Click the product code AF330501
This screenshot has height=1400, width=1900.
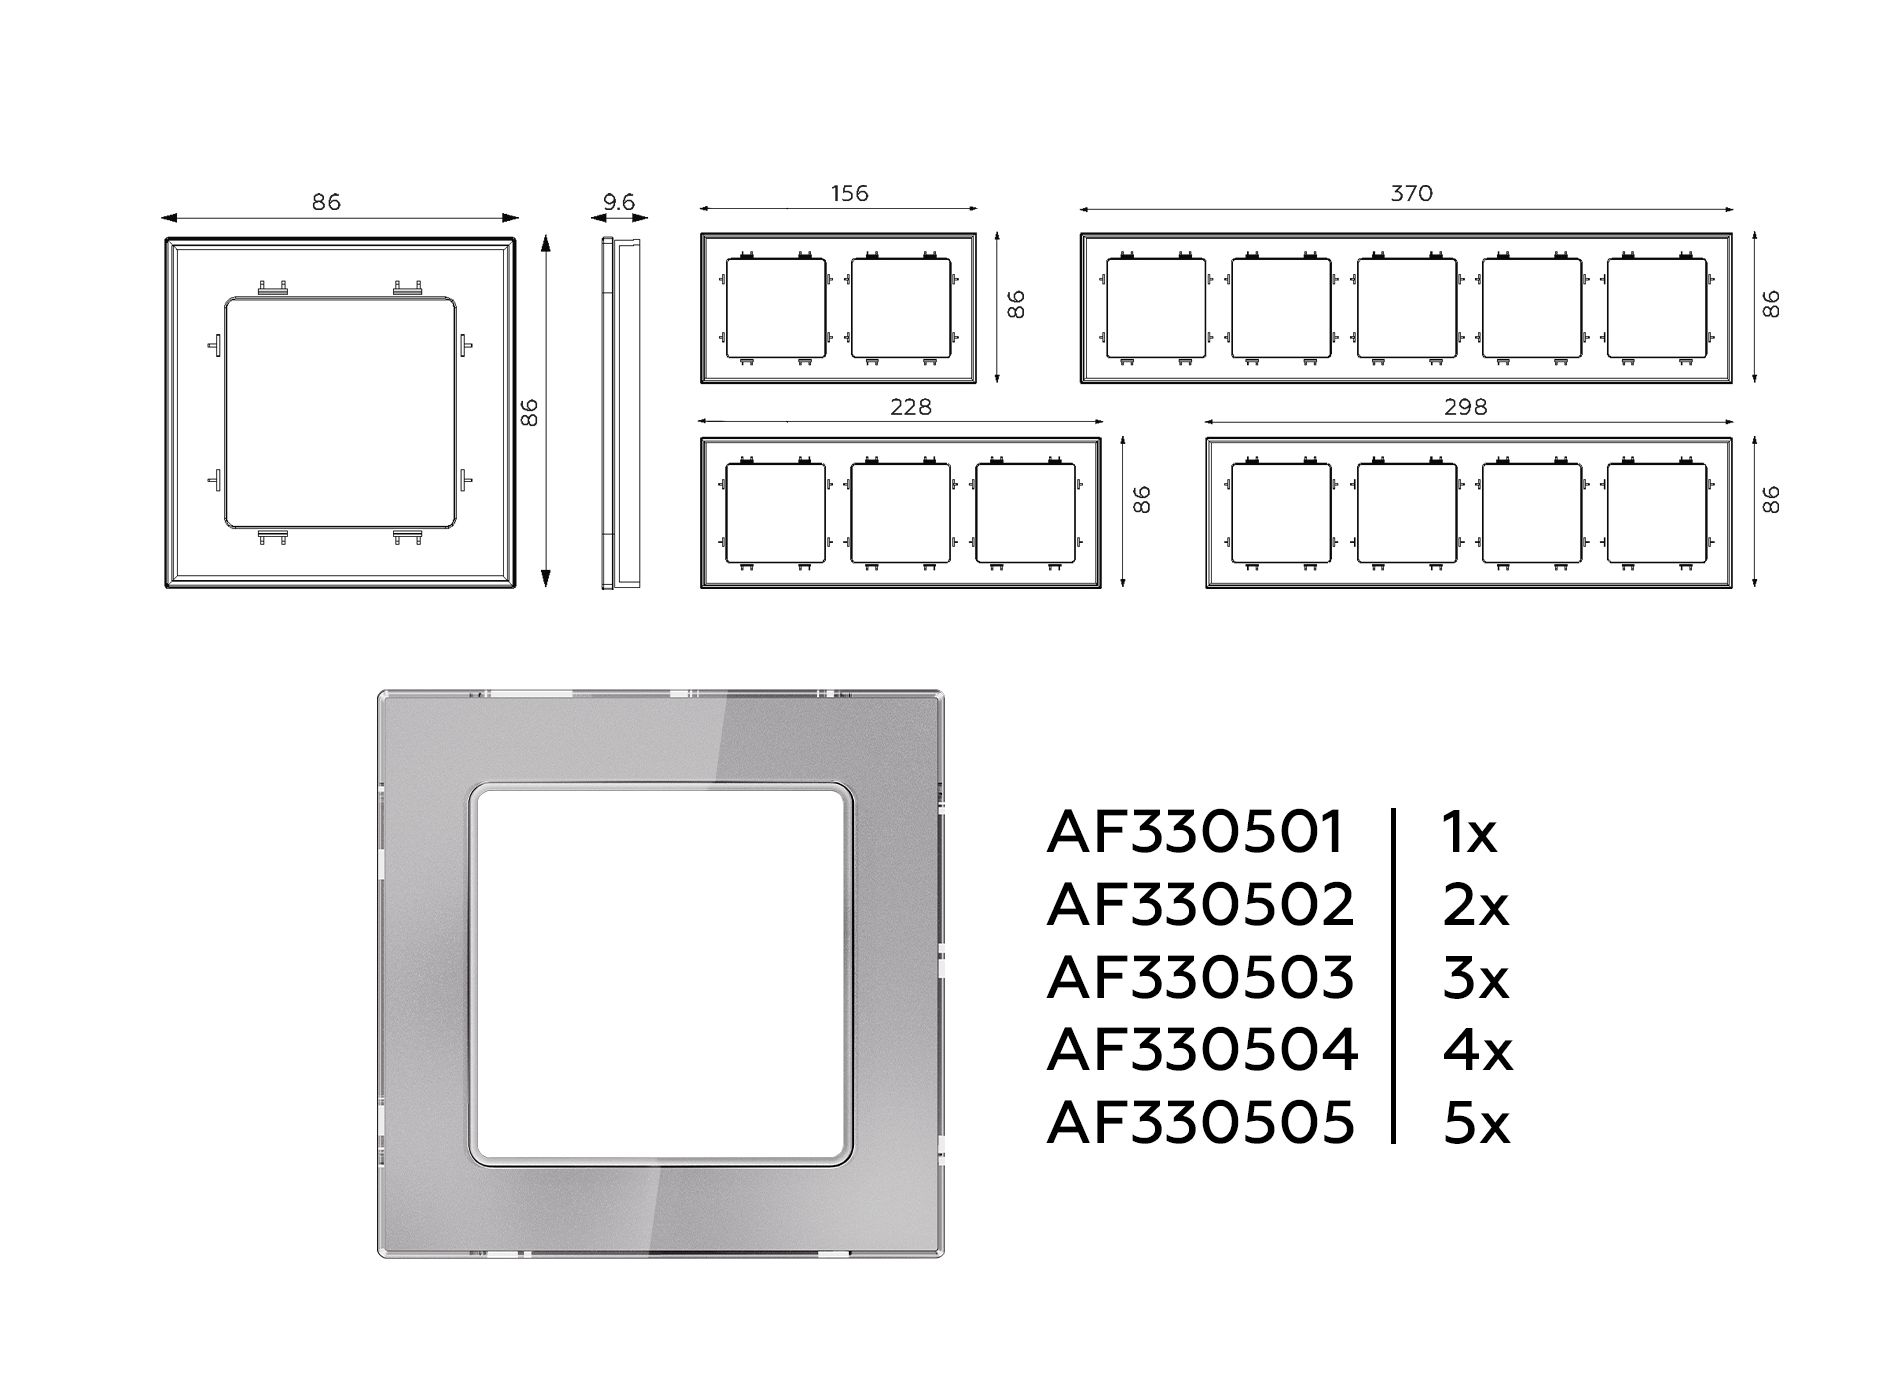pyautogui.click(x=1195, y=832)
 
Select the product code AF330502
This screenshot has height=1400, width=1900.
pyautogui.click(x=1200, y=905)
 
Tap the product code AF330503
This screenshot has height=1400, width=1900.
pyautogui.click(x=1200, y=977)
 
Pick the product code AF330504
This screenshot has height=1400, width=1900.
pyautogui.click(x=1202, y=1050)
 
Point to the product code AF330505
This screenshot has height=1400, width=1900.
pyautogui.click(x=1200, y=1122)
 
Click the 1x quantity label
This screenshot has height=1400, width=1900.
pyautogui.click(x=1470, y=832)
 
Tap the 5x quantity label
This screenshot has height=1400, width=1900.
pyautogui.click(x=1476, y=1122)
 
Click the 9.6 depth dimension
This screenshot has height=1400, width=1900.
pyautogui.click(x=619, y=202)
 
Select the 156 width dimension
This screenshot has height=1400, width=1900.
pyautogui.click(x=850, y=193)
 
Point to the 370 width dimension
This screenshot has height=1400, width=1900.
pyautogui.click(x=1411, y=193)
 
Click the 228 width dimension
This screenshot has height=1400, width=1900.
pyautogui.click(x=910, y=407)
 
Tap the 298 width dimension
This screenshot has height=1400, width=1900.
pyautogui.click(x=1466, y=407)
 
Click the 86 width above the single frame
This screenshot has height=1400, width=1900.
pyautogui.click(x=326, y=202)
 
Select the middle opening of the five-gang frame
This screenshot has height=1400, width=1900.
pyautogui.click(x=1407, y=308)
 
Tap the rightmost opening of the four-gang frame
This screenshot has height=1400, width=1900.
pyautogui.click(x=1657, y=512)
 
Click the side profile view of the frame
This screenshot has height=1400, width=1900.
pyautogui.click(x=620, y=413)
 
